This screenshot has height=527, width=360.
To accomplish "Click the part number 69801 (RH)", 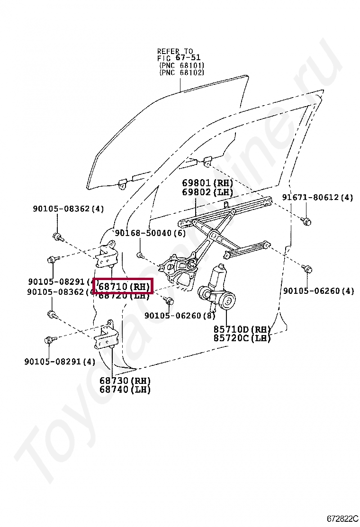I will tap(207, 183).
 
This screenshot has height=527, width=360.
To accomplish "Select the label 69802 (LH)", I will tap(207, 192).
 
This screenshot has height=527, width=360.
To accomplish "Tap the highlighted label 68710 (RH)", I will tap(124, 286).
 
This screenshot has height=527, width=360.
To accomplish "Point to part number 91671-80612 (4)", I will tap(317, 197).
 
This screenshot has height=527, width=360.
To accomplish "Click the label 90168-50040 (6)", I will tap(150, 233).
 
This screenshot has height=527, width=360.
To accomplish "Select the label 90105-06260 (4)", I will tap(318, 291).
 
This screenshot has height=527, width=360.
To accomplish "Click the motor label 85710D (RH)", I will tap(242, 329).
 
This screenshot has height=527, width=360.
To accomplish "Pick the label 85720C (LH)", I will tap(242, 338).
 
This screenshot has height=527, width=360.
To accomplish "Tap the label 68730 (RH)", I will tap(125, 381).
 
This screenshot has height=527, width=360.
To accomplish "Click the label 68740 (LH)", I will tap(125, 390).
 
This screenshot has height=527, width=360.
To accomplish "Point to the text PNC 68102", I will tap(181, 73).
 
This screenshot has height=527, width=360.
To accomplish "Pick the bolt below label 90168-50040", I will tap(140, 256).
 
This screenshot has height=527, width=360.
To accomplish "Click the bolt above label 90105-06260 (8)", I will tap(169, 300).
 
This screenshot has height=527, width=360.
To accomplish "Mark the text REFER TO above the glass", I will tap(175, 51).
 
